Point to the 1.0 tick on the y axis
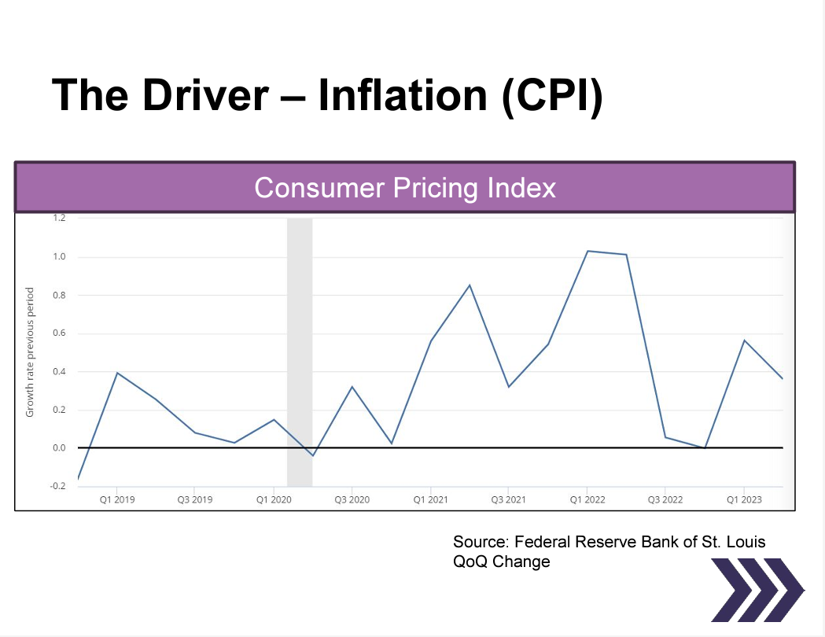pyautogui.click(x=60, y=257)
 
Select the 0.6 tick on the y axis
pyautogui.click(x=60, y=333)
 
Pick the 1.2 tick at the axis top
pyautogui.click(x=60, y=219)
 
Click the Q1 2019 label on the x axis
pyautogui.click(x=117, y=499)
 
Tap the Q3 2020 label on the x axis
pyautogui.click(x=352, y=499)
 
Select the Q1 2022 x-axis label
pyautogui.click(x=587, y=499)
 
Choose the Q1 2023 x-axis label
pyautogui.click(x=743, y=499)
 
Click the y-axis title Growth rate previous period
pyautogui.click(x=30, y=352)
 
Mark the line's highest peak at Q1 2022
pyautogui.click(x=587, y=251)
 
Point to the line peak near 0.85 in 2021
pyautogui.click(x=470, y=285)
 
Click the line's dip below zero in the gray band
pyautogui.click(x=312, y=455)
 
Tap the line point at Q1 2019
pyautogui.click(x=117, y=373)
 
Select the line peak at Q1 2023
pyautogui.click(x=743, y=341)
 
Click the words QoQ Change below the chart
pyautogui.click(x=501, y=562)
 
